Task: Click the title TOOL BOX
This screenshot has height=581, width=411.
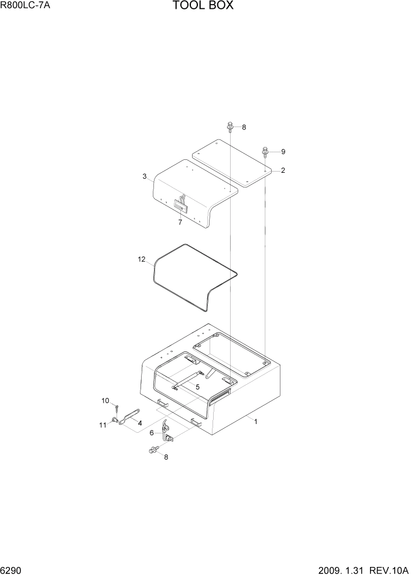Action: pyautogui.click(x=203, y=6)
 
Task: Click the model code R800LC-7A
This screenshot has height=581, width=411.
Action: pyautogui.click(x=25, y=6)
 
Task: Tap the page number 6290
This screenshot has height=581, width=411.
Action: pyautogui.click(x=12, y=570)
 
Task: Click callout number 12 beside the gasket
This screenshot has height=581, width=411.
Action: pyautogui.click(x=141, y=259)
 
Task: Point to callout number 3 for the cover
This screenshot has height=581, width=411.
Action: pyautogui.click(x=144, y=176)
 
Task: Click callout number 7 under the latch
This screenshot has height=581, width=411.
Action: pyautogui.click(x=180, y=223)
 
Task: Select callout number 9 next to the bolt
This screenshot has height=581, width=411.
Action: pyautogui.click(x=283, y=152)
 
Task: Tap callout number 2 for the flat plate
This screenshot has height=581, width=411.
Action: pyautogui.click(x=283, y=170)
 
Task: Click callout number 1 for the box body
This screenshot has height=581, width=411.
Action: pyautogui.click(x=255, y=421)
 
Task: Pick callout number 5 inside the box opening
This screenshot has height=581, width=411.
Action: pyautogui.click(x=197, y=387)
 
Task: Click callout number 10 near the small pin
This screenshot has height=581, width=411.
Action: pyautogui.click(x=105, y=401)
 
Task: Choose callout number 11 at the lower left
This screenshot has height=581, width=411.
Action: pyautogui.click(x=102, y=425)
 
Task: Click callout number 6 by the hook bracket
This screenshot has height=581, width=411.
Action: pyautogui.click(x=152, y=433)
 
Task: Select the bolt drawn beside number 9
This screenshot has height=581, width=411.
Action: pyautogui.click(x=266, y=151)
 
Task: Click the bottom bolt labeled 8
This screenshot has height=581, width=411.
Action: pyautogui.click(x=153, y=450)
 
